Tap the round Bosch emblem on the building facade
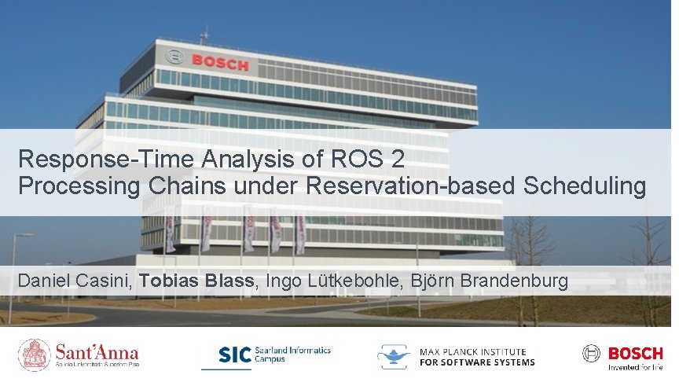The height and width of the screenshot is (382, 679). pos(175,57)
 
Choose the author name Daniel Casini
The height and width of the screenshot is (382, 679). pos(75,281)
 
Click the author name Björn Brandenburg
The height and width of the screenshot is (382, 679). pos(487,281)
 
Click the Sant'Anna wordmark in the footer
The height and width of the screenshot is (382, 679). pos(97,352)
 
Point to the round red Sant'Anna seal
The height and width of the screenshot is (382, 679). pos(35,355)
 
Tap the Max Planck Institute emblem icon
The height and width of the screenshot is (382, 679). pos(395,356)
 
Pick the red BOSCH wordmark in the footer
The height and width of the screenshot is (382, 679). pos(636,353)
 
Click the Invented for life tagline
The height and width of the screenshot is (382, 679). pos(636,367)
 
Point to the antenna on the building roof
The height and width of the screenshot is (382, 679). pos(205,35)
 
